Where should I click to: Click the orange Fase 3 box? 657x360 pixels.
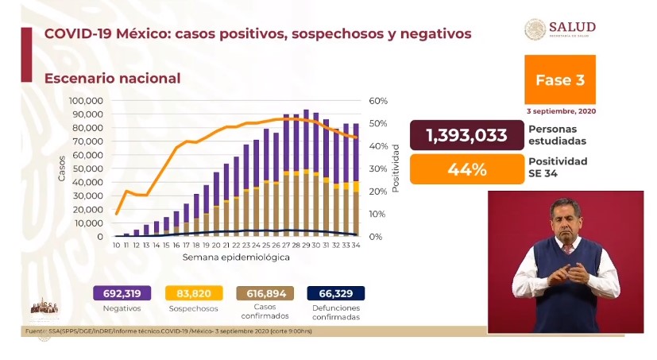pyautogui.click(x=560, y=79)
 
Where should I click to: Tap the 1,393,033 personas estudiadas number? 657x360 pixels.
pyautogui.click(x=466, y=135)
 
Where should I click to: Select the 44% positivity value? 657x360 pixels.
pyautogui.click(x=466, y=168)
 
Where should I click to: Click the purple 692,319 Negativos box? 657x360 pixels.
pyautogui.click(x=122, y=293)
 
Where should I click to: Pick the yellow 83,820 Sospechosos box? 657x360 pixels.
pyautogui.click(x=188, y=293)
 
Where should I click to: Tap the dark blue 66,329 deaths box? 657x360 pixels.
pyautogui.click(x=336, y=293)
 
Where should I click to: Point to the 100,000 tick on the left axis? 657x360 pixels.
pyautogui.click(x=86, y=101)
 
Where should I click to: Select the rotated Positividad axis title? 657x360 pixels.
pyautogui.click(x=395, y=168)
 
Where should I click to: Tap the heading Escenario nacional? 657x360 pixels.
pyautogui.click(x=112, y=79)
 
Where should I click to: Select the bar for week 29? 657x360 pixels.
pyautogui.click(x=306, y=173)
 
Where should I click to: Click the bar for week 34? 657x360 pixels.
pyautogui.click(x=355, y=180)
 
